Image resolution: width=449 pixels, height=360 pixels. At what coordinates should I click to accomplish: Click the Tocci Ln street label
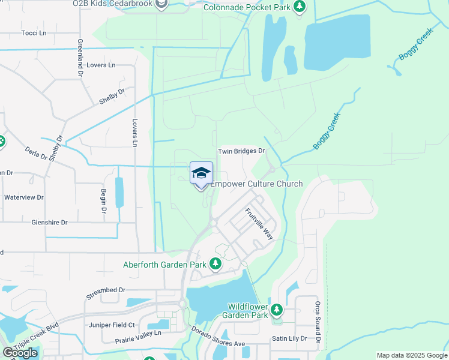pyautogui.click(x=33, y=33)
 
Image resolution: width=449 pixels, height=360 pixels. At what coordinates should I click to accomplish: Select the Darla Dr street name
pyautogui.click(x=36, y=154)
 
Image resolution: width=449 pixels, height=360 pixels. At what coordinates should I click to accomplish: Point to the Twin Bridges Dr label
pyautogui.click(x=241, y=151)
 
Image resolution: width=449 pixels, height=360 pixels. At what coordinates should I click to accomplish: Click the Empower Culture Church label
pyautogui.click(x=256, y=184)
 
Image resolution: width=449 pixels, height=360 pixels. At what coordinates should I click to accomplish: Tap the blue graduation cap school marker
pyautogui.click(x=202, y=173)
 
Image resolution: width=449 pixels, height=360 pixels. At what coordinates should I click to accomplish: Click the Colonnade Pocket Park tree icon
pyautogui.click(x=300, y=7)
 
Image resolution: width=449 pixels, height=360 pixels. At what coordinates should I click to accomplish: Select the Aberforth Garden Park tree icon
pyautogui.click(x=215, y=264)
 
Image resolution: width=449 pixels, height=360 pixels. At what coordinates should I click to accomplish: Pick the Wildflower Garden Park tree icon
pyautogui.click(x=276, y=310)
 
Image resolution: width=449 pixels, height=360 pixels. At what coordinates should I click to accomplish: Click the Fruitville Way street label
pyautogui.click(x=259, y=224)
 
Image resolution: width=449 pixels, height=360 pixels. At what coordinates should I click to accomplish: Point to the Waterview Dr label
pyautogui.click(x=24, y=197)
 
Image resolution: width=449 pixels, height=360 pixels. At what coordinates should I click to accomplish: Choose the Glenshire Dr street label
pyautogui.click(x=49, y=222)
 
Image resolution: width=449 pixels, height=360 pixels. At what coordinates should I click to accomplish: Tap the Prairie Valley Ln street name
pyautogui.click(x=138, y=337)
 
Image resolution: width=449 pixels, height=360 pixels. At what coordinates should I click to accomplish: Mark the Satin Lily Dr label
pyautogui.click(x=289, y=338)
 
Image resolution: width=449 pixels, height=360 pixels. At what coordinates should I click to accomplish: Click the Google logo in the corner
pyautogui.click(x=20, y=352)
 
